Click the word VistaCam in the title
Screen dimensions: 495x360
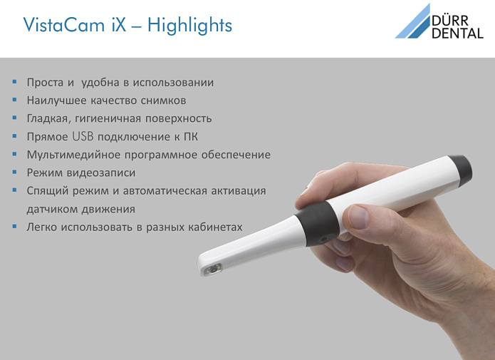[x=64, y=25]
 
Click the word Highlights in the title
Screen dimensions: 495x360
[x=189, y=26]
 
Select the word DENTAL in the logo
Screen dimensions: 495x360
[x=457, y=33]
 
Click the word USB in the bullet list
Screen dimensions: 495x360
[x=83, y=136]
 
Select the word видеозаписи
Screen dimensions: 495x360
[x=101, y=173]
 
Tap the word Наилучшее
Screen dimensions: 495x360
[x=56, y=101]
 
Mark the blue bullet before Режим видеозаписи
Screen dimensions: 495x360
[x=14, y=172]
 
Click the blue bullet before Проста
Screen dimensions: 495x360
[x=14, y=82]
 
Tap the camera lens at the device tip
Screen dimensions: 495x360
[x=214, y=269]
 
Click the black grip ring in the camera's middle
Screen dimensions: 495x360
[x=317, y=223]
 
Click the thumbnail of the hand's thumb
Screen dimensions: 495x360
[x=359, y=217]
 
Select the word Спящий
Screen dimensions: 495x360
[x=47, y=191]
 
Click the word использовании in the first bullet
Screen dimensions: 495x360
[x=173, y=83]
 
